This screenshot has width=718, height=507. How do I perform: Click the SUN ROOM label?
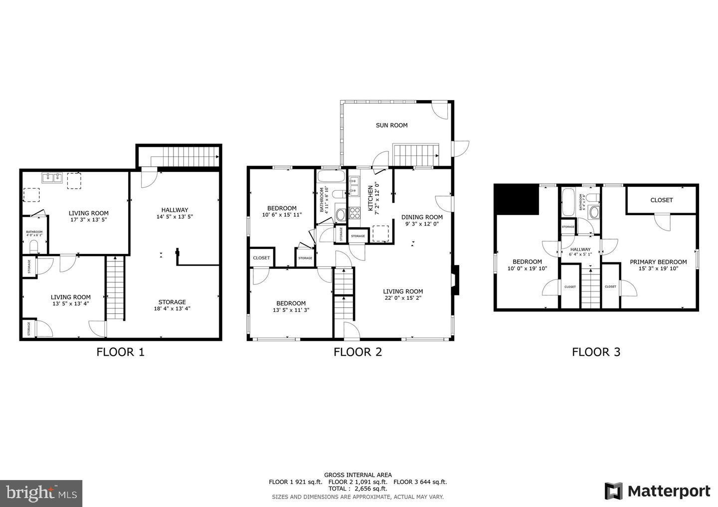(x=391, y=126)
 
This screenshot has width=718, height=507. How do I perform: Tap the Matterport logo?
(x=657, y=491)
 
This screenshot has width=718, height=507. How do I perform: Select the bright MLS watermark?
(x=41, y=493)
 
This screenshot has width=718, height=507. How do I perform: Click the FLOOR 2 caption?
(x=358, y=352)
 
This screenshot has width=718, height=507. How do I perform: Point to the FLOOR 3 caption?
(x=596, y=352)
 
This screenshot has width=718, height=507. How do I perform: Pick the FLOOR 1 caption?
(x=120, y=352)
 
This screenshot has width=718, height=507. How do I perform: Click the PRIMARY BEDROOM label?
(x=658, y=262)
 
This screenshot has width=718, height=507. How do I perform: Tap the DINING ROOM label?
(x=422, y=217)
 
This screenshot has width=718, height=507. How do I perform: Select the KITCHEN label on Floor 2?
(x=370, y=198)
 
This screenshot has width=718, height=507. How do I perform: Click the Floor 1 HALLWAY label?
(x=175, y=210)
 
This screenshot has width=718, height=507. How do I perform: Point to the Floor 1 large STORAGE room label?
(x=172, y=302)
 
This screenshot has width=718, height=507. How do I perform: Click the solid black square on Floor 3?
(x=517, y=200)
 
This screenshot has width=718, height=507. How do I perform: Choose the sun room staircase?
(x=416, y=154)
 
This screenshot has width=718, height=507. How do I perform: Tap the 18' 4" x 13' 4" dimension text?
(x=172, y=309)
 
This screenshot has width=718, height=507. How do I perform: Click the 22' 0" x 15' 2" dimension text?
(x=403, y=298)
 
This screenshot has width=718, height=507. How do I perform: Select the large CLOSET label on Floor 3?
(x=662, y=200)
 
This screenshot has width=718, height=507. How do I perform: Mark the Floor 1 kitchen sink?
(x=51, y=177)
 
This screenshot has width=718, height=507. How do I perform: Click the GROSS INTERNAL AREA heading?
(x=358, y=475)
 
